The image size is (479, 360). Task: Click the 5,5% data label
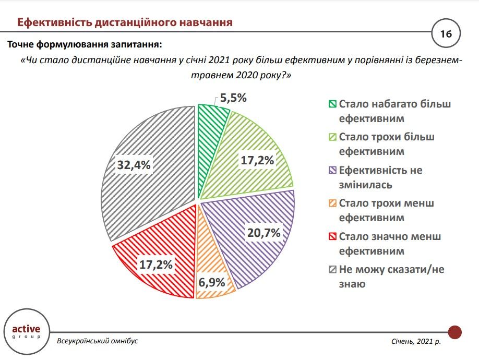[233, 98]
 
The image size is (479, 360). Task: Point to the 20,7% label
[264, 233]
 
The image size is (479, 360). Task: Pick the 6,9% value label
[211, 283]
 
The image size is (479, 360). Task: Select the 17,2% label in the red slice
[155, 265]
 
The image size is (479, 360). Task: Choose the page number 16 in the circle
[446, 34]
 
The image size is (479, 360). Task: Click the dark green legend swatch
[332, 104]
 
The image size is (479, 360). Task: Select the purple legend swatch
[332, 171]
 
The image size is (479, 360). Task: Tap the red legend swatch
[332, 237]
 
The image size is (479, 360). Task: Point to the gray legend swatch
[332, 270]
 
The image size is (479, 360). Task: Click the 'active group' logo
[26, 332]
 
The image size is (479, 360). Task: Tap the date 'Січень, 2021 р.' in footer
[416, 341]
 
